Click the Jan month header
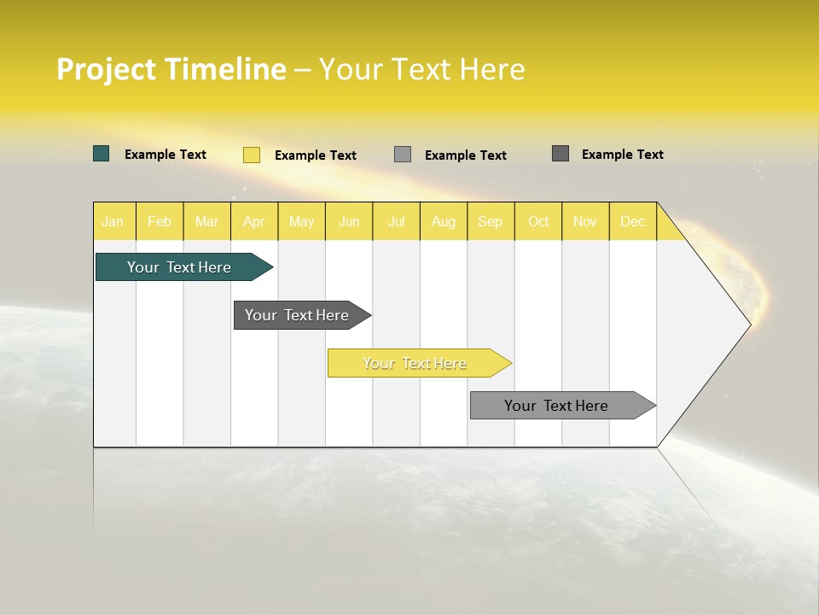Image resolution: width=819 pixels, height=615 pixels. pos(113,221)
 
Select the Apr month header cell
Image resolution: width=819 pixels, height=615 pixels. pos(254,221)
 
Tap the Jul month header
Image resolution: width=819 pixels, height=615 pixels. pos(397,221)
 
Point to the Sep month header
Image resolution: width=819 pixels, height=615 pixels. pos(491,221)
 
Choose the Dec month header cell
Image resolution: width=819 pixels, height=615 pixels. pos(632,221)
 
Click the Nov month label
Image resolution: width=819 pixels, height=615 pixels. pos(585,221)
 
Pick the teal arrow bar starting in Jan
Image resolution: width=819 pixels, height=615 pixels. pos(180,267)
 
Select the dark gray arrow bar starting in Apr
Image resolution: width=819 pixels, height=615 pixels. pos(298,315)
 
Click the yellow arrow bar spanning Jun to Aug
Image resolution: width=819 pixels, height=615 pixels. pos(415,363)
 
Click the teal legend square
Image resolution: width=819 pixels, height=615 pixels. pos(102,154)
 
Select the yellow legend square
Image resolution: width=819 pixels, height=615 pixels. pos(252,155)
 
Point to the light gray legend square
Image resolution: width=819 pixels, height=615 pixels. pos(403,155)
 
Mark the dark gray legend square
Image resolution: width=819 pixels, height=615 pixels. pos(561,154)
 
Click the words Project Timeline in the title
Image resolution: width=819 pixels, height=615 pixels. pos(171,69)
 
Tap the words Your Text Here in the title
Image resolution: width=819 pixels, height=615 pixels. pos(421,69)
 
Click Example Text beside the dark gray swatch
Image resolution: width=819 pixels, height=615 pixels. pos(622,155)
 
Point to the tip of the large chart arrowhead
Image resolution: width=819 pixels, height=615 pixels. pos(748,324)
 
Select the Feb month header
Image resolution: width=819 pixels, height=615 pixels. pos(160,221)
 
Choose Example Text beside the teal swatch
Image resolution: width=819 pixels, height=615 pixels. pos(166,155)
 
